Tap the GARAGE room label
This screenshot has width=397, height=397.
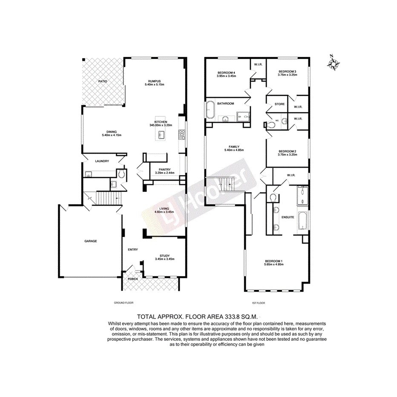(x=90, y=241)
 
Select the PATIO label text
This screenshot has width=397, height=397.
(x=103, y=81)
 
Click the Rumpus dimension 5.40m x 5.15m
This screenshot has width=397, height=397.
(x=154, y=85)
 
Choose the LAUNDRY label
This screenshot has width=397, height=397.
(x=102, y=161)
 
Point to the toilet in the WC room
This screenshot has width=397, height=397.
(x=273, y=125)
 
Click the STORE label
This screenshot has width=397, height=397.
(x=279, y=104)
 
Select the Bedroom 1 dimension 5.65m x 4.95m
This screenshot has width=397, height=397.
(x=274, y=265)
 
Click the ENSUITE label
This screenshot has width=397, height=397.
(x=288, y=217)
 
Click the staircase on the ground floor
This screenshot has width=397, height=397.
(x=107, y=198)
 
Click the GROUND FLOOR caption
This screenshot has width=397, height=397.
(x=124, y=303)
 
